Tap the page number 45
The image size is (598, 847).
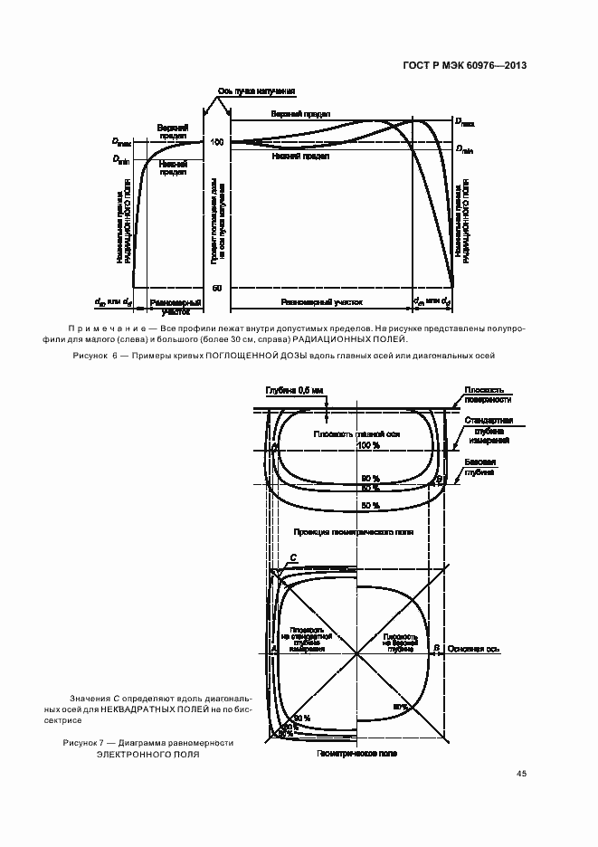click(x=521, y=774)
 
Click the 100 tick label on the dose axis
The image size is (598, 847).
click(x=217, y=142)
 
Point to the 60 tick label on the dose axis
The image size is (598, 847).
click(x=217, y=288)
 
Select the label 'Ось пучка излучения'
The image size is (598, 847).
click(x=256, y=91)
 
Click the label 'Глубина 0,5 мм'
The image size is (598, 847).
click(x=293, y=392)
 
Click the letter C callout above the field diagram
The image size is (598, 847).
click(x=292, y=558)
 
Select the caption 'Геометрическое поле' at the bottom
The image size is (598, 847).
click(x=357, y=753)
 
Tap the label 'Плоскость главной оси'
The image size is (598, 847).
click(x=356, y=434)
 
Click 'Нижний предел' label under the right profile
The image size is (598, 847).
click(x=299, y=156)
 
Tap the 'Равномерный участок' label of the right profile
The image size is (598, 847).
click(x=321, y=303)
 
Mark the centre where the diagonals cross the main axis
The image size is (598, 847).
click(x=358, y=652)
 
